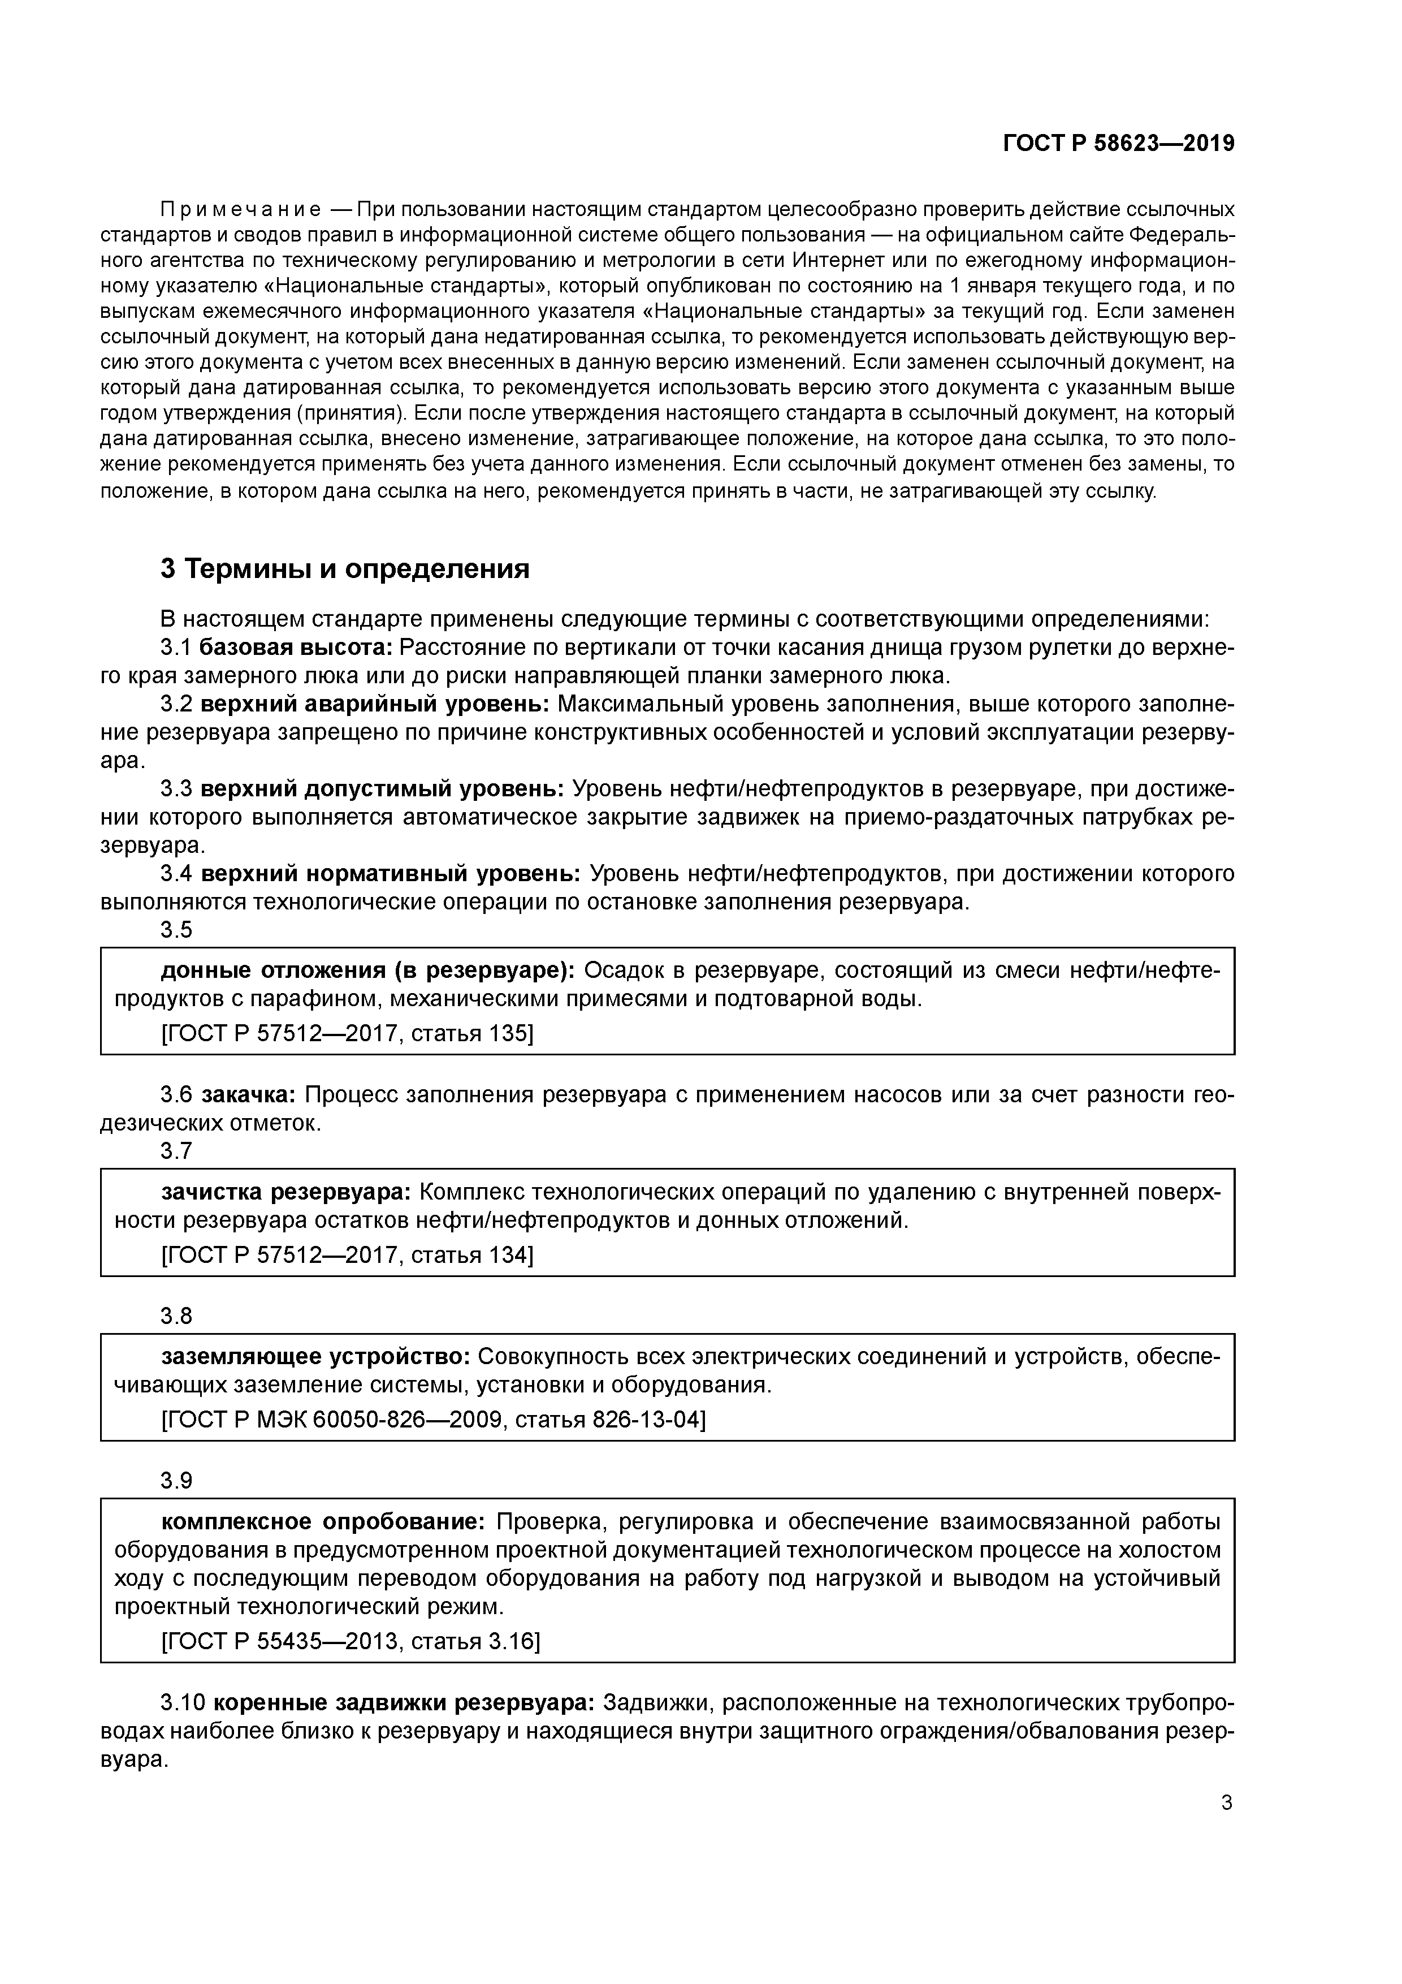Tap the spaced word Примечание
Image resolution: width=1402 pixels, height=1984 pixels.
tap(241, 210)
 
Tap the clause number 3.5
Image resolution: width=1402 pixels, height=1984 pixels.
tap(176, 930)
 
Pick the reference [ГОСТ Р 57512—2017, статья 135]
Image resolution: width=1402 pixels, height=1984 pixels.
tap(347, 1033)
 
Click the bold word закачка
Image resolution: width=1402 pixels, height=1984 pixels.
tap(249, 1095)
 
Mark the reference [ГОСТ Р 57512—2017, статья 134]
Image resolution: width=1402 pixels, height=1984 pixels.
tap(347, 1254)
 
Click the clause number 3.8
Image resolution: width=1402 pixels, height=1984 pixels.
tap(176, 1316)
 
